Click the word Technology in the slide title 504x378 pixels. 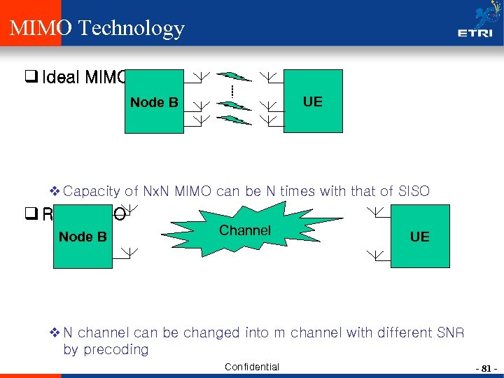132,29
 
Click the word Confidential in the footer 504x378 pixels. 252,367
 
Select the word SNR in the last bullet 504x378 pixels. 449,332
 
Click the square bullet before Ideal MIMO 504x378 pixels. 35,77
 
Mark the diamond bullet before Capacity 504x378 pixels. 55,190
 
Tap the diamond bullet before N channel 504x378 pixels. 55,332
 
